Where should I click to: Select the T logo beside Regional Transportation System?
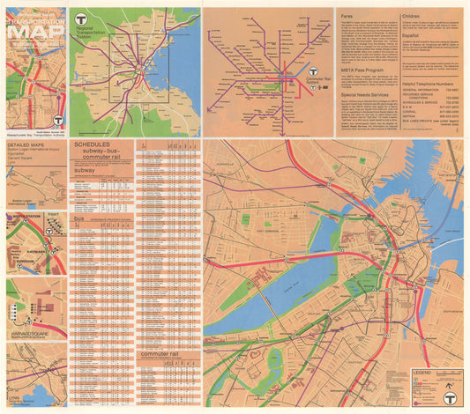click(82, 16)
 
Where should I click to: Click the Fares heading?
click(346, 13)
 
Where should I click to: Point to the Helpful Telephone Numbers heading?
click(431, 83)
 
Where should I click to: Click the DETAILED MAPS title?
click(26, 144)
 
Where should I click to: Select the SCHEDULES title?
click(93, 143)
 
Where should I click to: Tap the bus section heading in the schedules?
click(78, 217)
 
